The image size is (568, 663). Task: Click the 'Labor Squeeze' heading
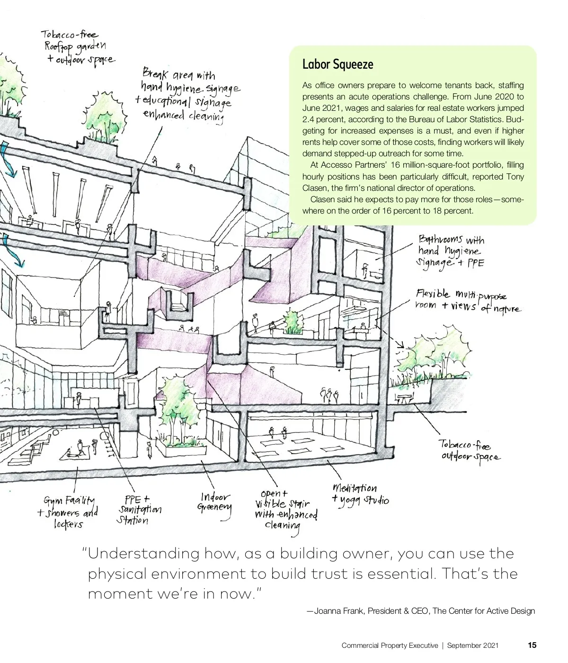tap(337, 64)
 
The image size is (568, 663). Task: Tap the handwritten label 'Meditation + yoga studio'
tap(361, 494)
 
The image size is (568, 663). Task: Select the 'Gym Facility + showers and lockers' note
tap(69, 512)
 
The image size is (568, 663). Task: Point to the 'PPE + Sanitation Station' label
tap(139, 510)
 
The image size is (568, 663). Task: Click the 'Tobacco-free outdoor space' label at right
tap(469, 450)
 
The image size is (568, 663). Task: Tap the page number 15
tap(532, 645)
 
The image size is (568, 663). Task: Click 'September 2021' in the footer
tap(472, 645)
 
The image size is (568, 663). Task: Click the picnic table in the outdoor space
tap(404, 399)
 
